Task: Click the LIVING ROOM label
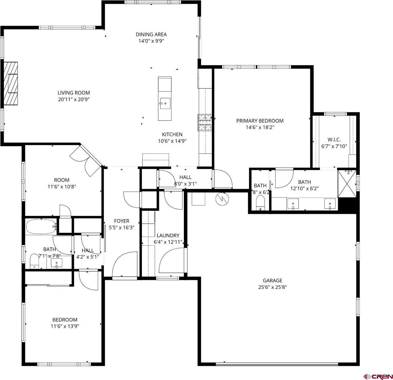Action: pos(74,93)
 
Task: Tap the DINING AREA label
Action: pos(151,35)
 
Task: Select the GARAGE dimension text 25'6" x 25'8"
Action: pos(272,287)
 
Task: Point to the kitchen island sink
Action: pos(165,103)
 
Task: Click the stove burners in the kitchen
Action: pos(205,122)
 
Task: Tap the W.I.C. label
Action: pos(334,139)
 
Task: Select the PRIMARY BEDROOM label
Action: pos(260,121)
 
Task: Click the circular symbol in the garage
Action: pos(222,199)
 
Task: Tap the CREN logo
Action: pos(378,376)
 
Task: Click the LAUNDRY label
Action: pos(168,235)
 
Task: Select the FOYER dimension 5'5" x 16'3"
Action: pos(121,227)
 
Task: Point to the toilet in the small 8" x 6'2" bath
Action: pos(261,203)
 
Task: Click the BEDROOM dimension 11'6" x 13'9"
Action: pos(65,326)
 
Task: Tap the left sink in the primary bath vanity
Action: pos(293,204)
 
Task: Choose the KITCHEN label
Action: pos(172,134)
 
